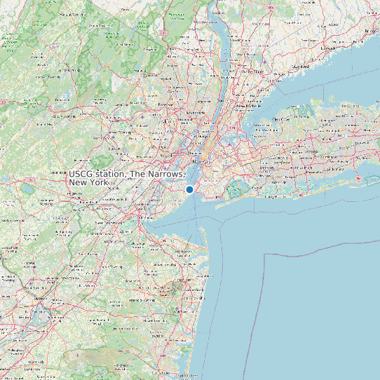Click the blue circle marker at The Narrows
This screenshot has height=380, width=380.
[189, 189]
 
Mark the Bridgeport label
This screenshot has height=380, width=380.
[369, 32]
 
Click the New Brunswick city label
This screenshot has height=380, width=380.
[109, 222]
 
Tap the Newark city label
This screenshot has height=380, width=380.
[165, 156]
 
